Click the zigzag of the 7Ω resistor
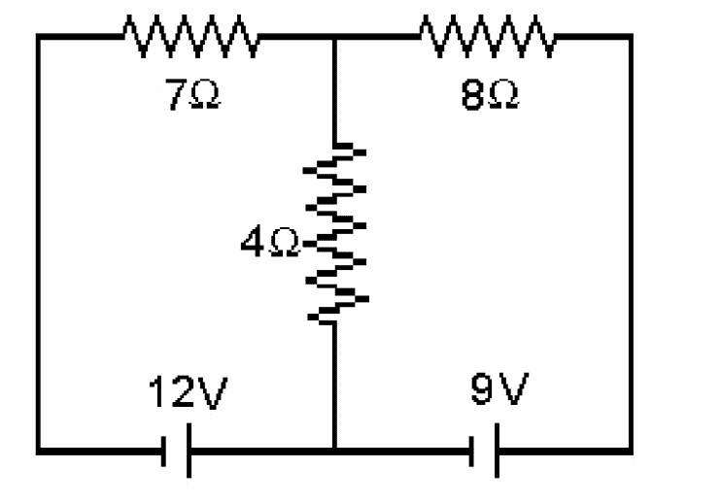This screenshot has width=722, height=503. click(x=190, y=40)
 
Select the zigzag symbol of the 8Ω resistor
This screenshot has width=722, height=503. click(x=488, y=40)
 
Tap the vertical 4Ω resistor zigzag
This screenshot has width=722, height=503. click(x=335, y=233)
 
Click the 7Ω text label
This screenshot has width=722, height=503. click(x=190, y=98)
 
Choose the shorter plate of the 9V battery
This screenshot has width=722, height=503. click(x=474, y=450)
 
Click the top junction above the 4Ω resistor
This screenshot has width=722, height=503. click(x=335, y=40)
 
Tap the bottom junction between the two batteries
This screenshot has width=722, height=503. click(x=335, y=450)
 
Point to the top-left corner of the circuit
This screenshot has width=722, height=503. click(x=39, y=40)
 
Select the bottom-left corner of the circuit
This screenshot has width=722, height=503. click(x=39, y=450)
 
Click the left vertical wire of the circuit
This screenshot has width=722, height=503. click(x=39, y=243)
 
